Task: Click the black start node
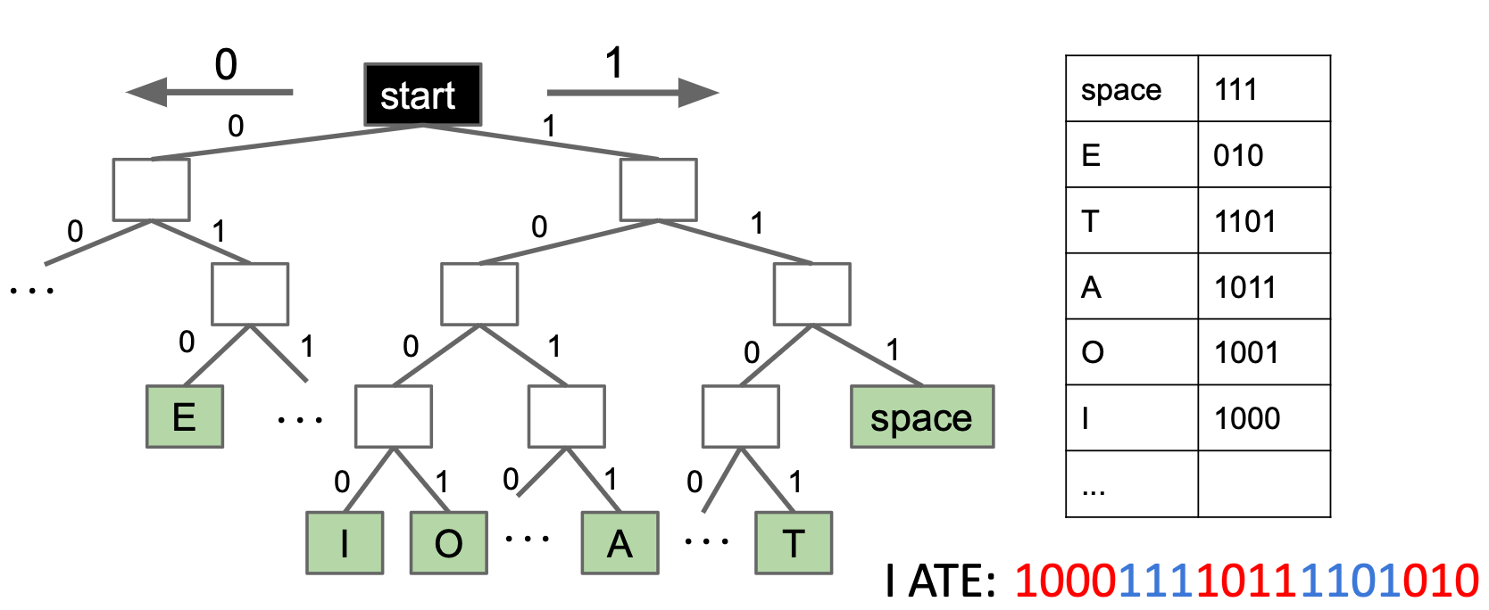423,95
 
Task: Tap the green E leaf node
185,416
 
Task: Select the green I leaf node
345,542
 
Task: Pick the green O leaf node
449,542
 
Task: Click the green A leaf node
620,542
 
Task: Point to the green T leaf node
794,542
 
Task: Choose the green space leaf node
923,416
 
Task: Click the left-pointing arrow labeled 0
210,92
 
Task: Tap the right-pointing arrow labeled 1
633,92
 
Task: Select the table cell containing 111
1264,88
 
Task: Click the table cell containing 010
1264,154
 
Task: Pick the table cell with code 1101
1264,219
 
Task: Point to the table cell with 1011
1264,286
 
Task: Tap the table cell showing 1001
1264,351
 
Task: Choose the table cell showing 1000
1264,417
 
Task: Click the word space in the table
1121,90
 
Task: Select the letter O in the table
1093,351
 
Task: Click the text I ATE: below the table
941,581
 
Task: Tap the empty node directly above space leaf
812,294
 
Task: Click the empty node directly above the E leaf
250,294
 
